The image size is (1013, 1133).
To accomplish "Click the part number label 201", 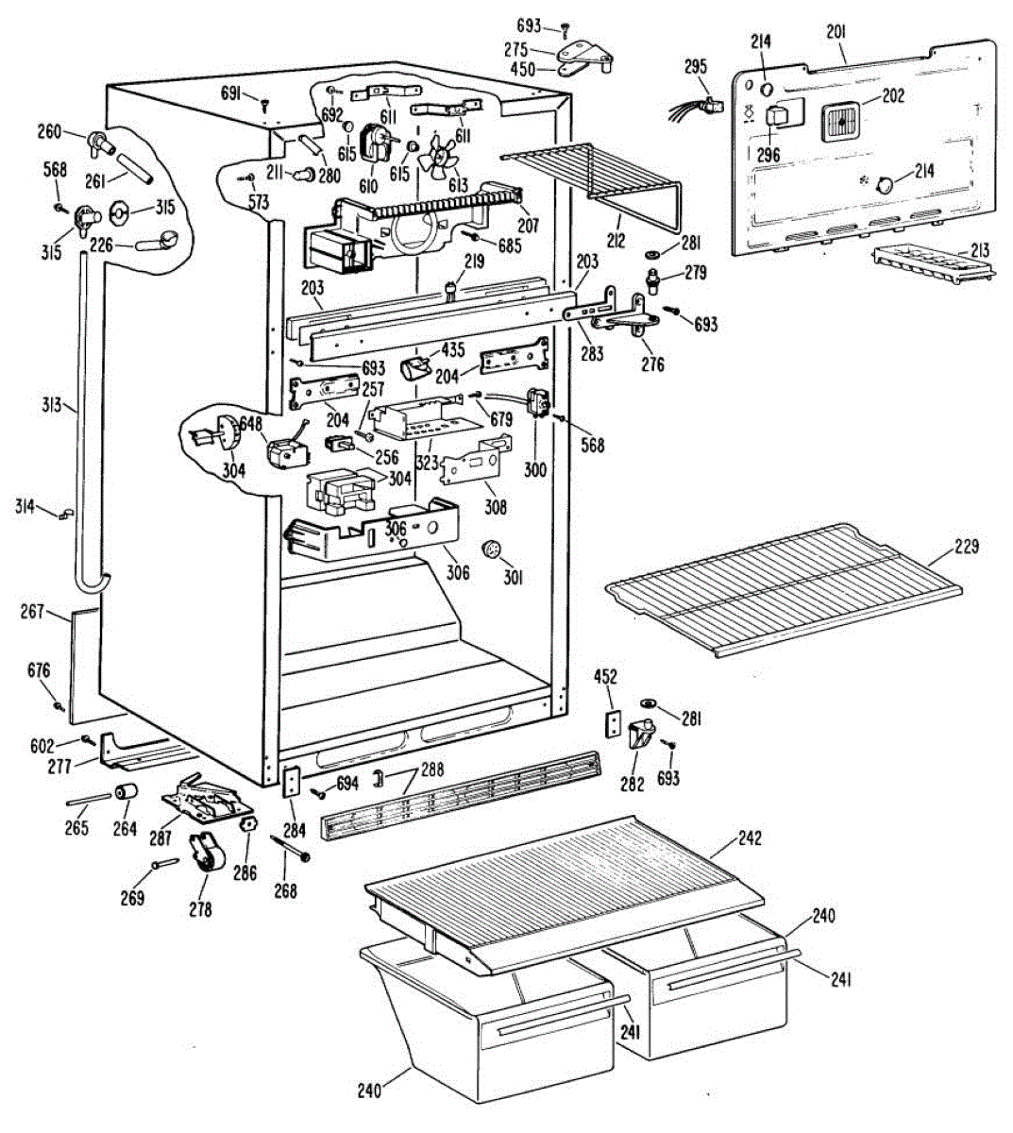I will tap(836, 32).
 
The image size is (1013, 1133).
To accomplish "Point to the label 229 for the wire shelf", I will tap(966, 547).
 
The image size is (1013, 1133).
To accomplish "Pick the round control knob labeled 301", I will tap(490, 550).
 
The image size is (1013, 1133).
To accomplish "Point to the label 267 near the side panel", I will tap(32, 612).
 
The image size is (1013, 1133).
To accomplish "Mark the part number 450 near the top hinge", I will tap(522, 69).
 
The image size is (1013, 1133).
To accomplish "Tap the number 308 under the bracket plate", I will tap(495, 507).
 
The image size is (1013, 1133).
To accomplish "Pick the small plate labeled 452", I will tap(611, 723).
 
